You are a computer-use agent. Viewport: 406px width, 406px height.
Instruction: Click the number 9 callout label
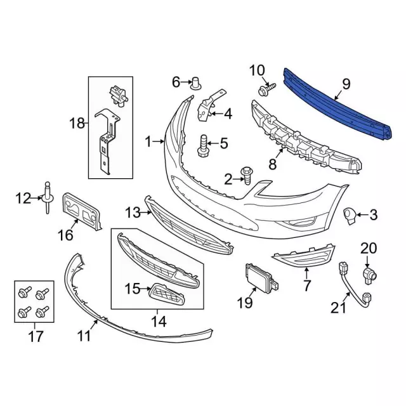point(346,84)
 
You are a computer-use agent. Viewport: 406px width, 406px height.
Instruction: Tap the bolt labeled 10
point(267,89)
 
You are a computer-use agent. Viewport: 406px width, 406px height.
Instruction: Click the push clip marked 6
point(195,83)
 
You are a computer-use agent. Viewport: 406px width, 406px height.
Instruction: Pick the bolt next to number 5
point(203,145)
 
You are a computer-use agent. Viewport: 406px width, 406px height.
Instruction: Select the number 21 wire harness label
point(338,308)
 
